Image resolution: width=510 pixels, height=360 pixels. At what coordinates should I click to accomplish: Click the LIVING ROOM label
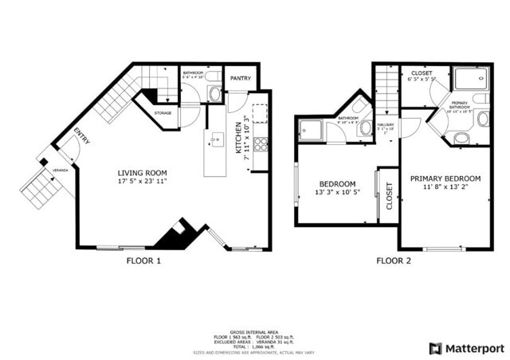(142, 173)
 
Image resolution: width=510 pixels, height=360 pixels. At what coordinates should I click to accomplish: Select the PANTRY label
(241, 78)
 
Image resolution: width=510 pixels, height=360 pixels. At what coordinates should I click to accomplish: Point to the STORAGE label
(163, 113)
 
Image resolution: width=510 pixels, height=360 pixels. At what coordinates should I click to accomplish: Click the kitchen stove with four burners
(261, 146)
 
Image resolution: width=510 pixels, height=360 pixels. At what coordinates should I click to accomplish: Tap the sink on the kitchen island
(216, 141)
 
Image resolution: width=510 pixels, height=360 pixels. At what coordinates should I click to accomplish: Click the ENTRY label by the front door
(82, 136)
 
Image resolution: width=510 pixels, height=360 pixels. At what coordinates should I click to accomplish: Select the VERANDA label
(61, 170)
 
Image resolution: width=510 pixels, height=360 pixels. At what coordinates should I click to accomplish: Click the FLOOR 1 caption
(143, 260)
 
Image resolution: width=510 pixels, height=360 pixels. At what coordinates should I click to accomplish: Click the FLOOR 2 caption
(394, 260)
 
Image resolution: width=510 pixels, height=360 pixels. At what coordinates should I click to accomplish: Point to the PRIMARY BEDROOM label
(445, 178)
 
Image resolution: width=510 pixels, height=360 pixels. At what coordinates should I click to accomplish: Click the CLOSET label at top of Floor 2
(422, 73)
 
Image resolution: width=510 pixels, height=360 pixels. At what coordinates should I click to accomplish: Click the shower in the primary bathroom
(471, 80)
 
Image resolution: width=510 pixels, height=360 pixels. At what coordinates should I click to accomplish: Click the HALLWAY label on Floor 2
(386, 124)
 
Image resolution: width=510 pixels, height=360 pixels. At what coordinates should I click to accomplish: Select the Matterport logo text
(474, 348)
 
